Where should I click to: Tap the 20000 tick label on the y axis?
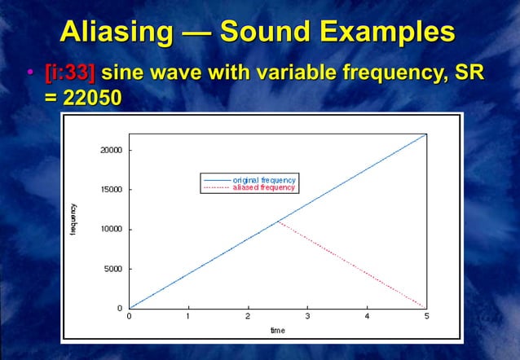[111, 150]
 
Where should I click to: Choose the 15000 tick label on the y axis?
[111, 190]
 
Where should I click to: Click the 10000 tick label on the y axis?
[111, 229]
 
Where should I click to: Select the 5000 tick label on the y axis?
[112, 269]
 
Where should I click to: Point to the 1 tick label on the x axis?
[188, 316]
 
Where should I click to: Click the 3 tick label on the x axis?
[307, 316]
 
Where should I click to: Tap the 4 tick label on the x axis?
[367, 316]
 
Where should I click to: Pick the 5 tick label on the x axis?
[426, 316]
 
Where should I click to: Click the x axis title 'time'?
[277, 330]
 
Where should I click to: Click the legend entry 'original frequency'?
[263, 179]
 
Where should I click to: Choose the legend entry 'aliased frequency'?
[263, 187]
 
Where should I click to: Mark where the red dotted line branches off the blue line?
[278, 221]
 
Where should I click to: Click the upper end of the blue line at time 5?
[426, 134]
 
